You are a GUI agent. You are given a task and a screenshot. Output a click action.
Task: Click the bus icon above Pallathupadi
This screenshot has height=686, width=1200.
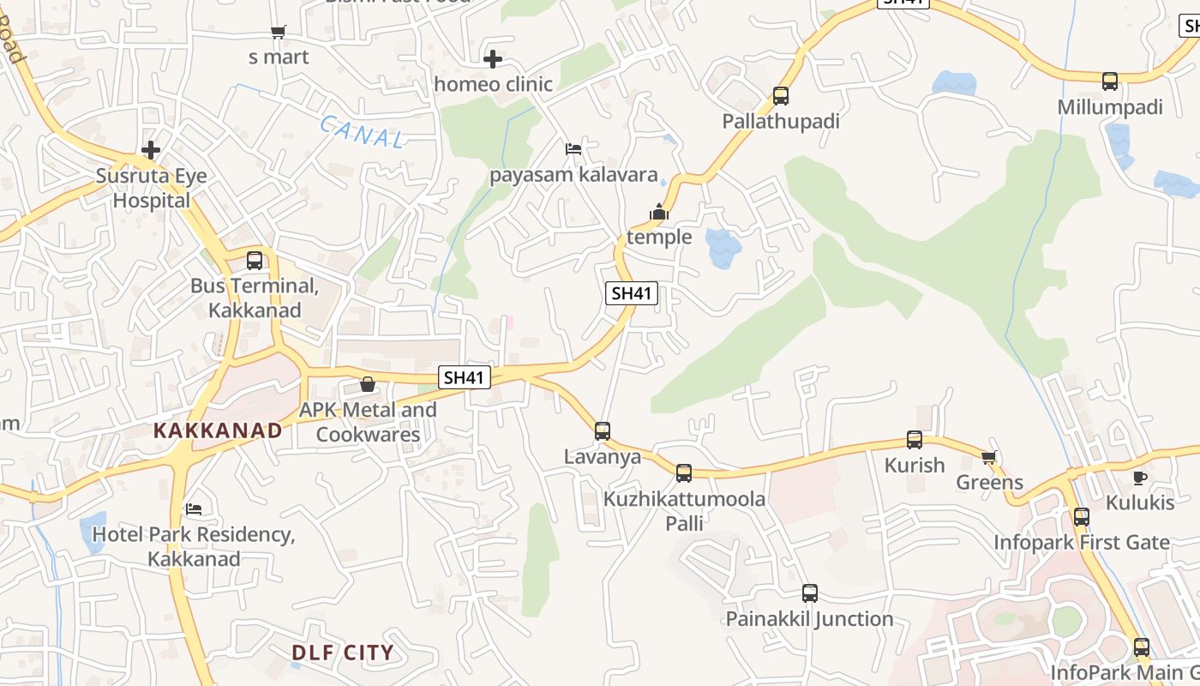click(x=780, y=96)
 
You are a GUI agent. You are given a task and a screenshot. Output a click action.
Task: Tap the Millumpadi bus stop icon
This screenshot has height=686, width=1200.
click(x=1110, y=82)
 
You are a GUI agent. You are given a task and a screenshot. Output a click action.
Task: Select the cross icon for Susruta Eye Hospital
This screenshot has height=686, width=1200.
click(x=151, y=150)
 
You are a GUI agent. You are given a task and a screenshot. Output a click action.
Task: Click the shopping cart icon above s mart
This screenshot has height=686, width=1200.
click(x=279, y=33)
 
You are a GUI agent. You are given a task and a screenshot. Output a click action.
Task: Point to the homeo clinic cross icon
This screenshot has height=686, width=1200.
click(x=493, y=59)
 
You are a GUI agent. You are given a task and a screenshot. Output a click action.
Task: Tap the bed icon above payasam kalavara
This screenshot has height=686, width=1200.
click(x=573, y=149)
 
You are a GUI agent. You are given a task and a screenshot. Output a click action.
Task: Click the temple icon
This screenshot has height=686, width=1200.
click(x=658, y=212)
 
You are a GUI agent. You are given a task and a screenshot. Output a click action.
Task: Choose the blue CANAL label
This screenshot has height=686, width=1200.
click(x=363, y=133)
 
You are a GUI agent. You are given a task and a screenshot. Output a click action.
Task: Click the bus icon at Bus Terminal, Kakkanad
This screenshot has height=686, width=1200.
click(x=255, y=261)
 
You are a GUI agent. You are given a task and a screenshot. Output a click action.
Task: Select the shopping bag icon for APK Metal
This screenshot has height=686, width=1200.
click(x=368, y=384)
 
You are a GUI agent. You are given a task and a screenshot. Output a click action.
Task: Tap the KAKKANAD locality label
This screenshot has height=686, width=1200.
click(x=218, y=430)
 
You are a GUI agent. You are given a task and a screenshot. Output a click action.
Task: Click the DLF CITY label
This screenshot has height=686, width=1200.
click(x=343, y=653)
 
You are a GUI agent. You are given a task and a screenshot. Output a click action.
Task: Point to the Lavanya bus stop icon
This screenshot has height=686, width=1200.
click(x=603, y=431)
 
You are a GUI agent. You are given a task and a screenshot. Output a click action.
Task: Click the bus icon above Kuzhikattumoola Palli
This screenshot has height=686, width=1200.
click(x=684, y=473)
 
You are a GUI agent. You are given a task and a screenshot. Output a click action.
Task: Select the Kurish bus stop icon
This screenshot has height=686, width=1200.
click(x=915, y=441)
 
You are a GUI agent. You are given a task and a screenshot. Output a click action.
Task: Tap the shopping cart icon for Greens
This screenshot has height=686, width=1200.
click(x=989, y=458)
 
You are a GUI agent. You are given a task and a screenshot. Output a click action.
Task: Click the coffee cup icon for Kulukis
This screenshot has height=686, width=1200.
click(x=1139, y=478)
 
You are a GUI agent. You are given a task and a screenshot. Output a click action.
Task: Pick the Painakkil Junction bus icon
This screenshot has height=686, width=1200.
click(x=810, y=593)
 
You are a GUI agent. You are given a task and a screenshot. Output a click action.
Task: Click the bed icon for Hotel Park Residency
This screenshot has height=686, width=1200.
click(x=195, y=509)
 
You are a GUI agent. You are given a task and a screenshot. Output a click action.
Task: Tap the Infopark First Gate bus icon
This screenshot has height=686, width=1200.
click(x=1082, y=517)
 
